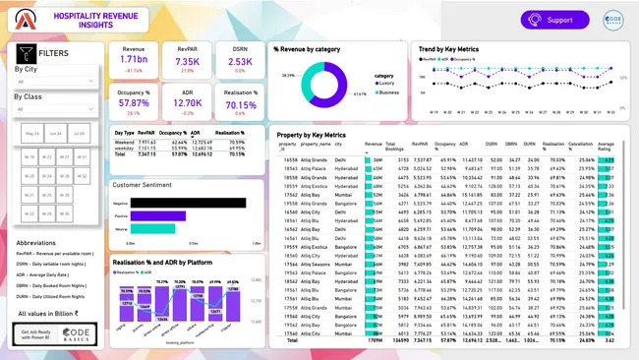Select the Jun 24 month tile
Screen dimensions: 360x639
[55, 133]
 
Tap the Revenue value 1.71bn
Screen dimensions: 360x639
[134, 61]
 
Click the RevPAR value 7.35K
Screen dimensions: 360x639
[188, 61]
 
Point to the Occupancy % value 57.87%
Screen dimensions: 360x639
[134, 102]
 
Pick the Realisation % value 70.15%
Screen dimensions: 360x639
[241, 102]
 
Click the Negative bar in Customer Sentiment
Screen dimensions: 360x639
[187, 203]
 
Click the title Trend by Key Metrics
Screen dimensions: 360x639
[449, 48]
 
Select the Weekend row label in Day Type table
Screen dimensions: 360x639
[125, 142]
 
